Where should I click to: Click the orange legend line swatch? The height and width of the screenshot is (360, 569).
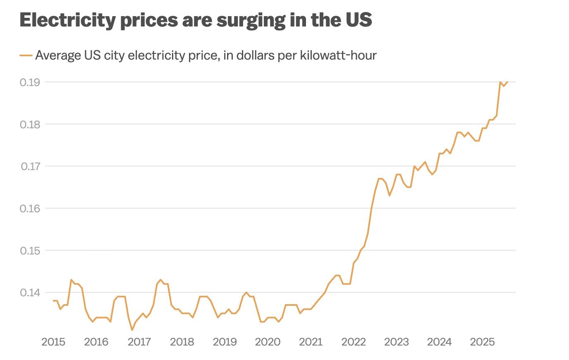click(26, 55)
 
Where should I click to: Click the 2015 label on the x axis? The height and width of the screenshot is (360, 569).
click(53, 342)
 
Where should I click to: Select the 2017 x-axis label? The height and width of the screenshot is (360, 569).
click(139, 342)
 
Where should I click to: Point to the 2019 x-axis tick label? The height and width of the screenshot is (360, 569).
click(225, 342)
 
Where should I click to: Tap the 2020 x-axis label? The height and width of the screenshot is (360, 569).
click(268, 342)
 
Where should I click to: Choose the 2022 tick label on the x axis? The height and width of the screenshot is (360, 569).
click(353, 342)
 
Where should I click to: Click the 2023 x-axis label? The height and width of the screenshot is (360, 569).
click(396, 342)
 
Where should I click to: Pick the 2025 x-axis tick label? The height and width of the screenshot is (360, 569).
click(482, 342)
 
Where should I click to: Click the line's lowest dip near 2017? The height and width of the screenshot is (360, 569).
click(132, 330)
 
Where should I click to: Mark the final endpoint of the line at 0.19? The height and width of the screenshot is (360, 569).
click(507, 82)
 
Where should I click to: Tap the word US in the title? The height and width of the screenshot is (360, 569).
click(358, 20)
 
